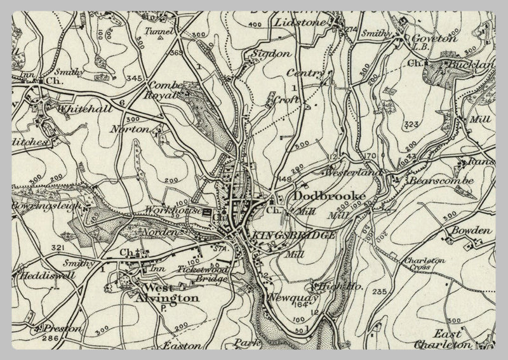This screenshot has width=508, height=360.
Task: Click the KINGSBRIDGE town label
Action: coord(293,236)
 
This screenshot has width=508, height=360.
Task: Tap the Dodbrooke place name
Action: coord(319,197)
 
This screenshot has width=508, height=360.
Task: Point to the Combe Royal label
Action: coord(166,91)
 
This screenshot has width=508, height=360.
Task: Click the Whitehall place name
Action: coord(84,109)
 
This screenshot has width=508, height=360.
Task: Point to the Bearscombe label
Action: coord(442,180)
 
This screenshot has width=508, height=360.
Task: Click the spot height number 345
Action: coord(134,78)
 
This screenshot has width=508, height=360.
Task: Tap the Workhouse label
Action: coord(164,209)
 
